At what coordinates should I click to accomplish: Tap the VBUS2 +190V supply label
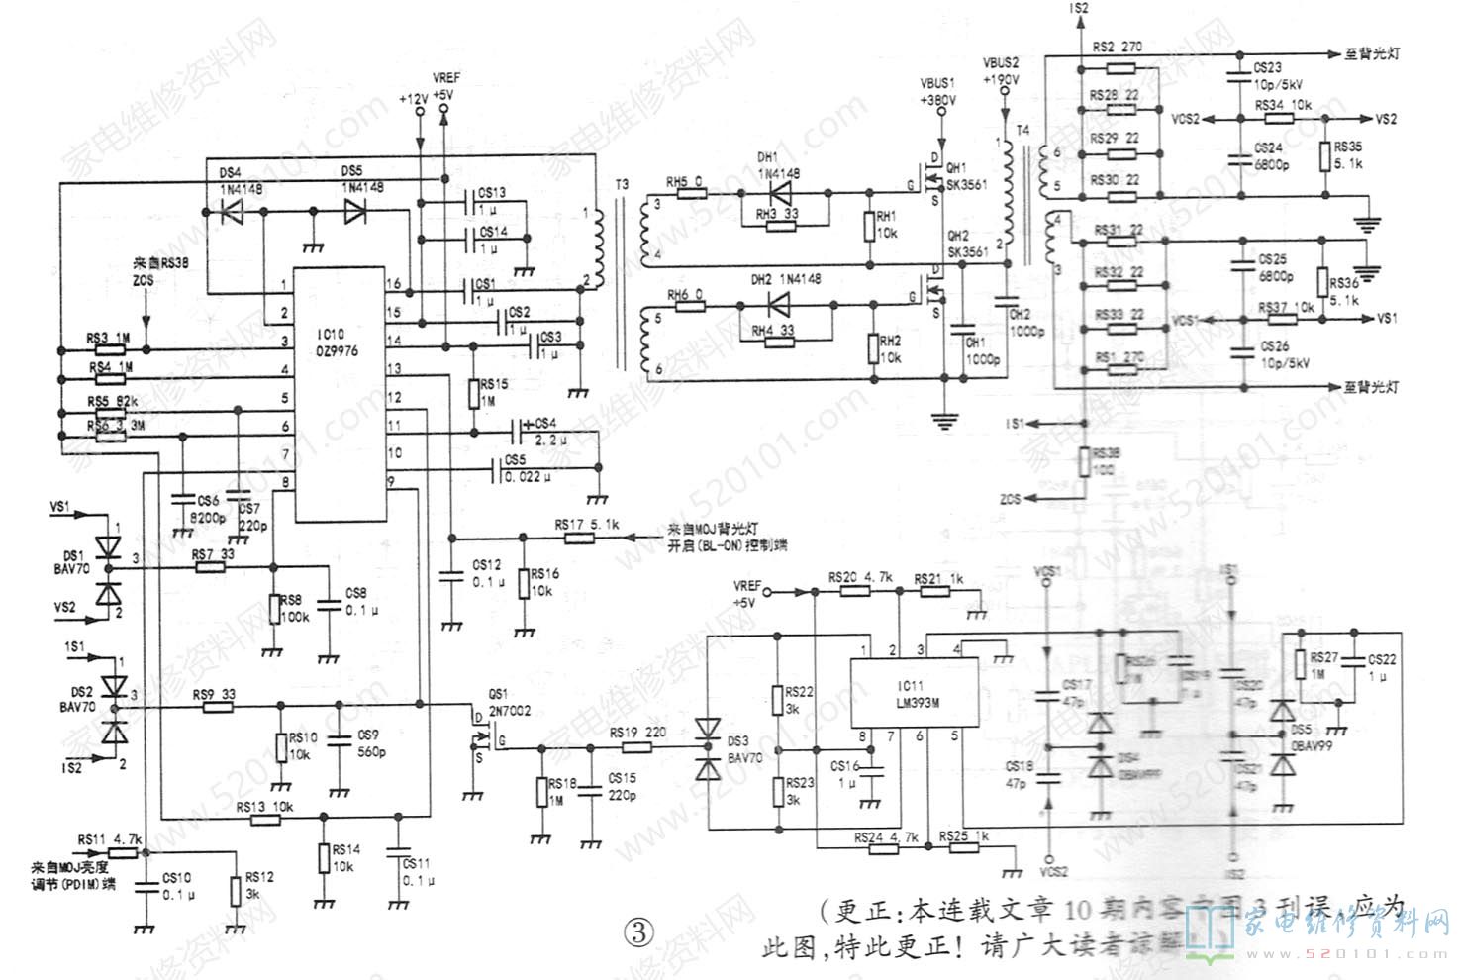click(1001, 71)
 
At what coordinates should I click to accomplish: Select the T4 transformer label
click(1022, 131)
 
